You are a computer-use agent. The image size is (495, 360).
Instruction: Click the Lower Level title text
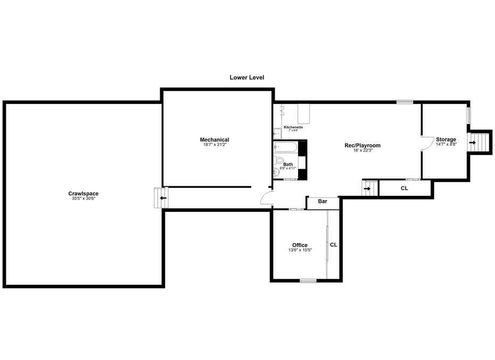[246, 78]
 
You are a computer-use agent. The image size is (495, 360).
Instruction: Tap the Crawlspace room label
[83, 193]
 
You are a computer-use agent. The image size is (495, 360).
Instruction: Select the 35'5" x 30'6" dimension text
[83, 199]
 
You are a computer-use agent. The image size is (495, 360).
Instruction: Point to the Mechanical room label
[214, 140]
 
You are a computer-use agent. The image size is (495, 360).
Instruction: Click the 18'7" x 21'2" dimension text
[214, 145]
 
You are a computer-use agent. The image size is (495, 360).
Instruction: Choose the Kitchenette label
[293, 127]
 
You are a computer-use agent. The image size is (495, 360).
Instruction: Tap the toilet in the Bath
[280, 160]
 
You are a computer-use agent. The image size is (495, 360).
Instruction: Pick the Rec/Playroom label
[362, 145]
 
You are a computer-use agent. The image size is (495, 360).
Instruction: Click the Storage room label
[446, 140]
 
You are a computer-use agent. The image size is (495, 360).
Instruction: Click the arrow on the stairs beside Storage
[472, 142]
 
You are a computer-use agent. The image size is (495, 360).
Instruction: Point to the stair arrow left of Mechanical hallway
[163, 198]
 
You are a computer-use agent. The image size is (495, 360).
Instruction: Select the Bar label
[323, 201]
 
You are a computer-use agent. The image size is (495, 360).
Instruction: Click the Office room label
[300, 246]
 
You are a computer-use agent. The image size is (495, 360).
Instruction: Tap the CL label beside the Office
[334, 245]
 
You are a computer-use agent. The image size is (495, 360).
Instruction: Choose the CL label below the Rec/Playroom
[404, 188]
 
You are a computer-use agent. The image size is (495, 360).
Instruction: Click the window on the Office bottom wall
[308, 281]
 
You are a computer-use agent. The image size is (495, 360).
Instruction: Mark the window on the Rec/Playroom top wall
[405, 102]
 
